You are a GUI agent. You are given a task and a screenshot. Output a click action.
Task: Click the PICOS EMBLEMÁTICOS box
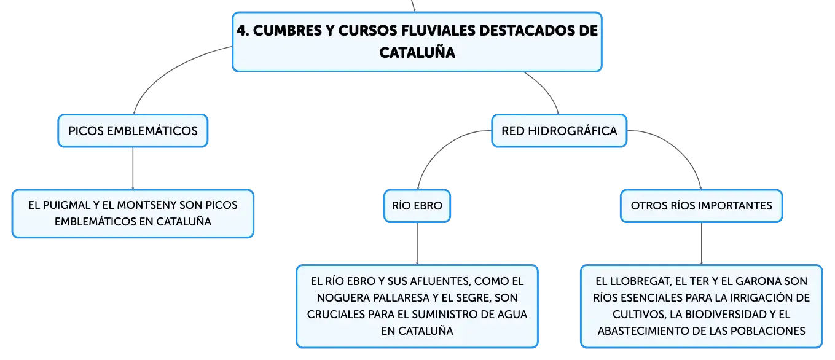click(133, 131)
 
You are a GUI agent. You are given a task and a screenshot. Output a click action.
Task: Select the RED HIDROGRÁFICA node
click(559, 131)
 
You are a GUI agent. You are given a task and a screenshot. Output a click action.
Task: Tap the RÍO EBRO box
click(417, 206)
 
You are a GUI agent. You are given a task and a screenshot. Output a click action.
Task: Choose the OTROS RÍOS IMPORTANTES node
click(701, 206)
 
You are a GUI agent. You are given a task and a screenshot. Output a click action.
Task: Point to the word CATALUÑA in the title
click(417, 53)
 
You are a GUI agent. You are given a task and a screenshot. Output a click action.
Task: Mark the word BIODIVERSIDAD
click(722, 314)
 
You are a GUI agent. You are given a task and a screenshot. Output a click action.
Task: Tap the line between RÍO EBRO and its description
click(417, 244)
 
